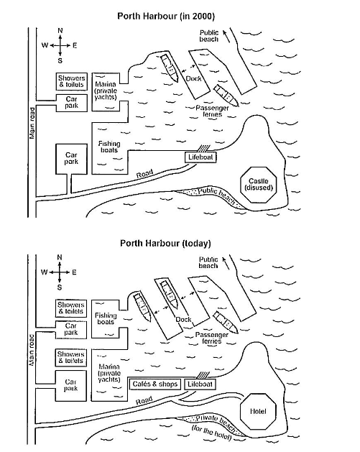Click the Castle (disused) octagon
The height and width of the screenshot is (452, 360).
[258, 185]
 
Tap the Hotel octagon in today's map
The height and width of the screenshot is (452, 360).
[258, 411]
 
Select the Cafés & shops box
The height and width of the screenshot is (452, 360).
[155, 384]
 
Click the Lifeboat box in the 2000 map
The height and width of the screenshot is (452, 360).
[200, 157]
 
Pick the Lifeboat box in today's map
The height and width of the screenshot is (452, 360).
[200, 384]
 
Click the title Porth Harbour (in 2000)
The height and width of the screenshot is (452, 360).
[166, 16]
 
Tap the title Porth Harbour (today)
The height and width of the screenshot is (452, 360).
[165, 244]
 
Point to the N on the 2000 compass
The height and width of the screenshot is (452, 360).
[60, 31]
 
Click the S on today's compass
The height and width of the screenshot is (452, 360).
[60, 287]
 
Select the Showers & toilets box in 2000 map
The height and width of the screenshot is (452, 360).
[71, 82]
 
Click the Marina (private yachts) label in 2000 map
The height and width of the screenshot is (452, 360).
[106, 91]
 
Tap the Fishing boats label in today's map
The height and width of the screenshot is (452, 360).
[106, 318]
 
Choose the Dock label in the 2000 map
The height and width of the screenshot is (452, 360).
[193, 79]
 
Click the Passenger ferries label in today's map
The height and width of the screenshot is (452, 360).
[212, 338]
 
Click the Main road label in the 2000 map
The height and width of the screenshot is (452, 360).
[32, 123]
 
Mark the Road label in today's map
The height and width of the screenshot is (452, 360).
[144, 400]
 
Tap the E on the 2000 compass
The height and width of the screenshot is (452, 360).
[75, 45]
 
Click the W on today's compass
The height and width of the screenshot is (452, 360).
[45, 272]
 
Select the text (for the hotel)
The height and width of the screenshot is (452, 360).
[211, 433]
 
